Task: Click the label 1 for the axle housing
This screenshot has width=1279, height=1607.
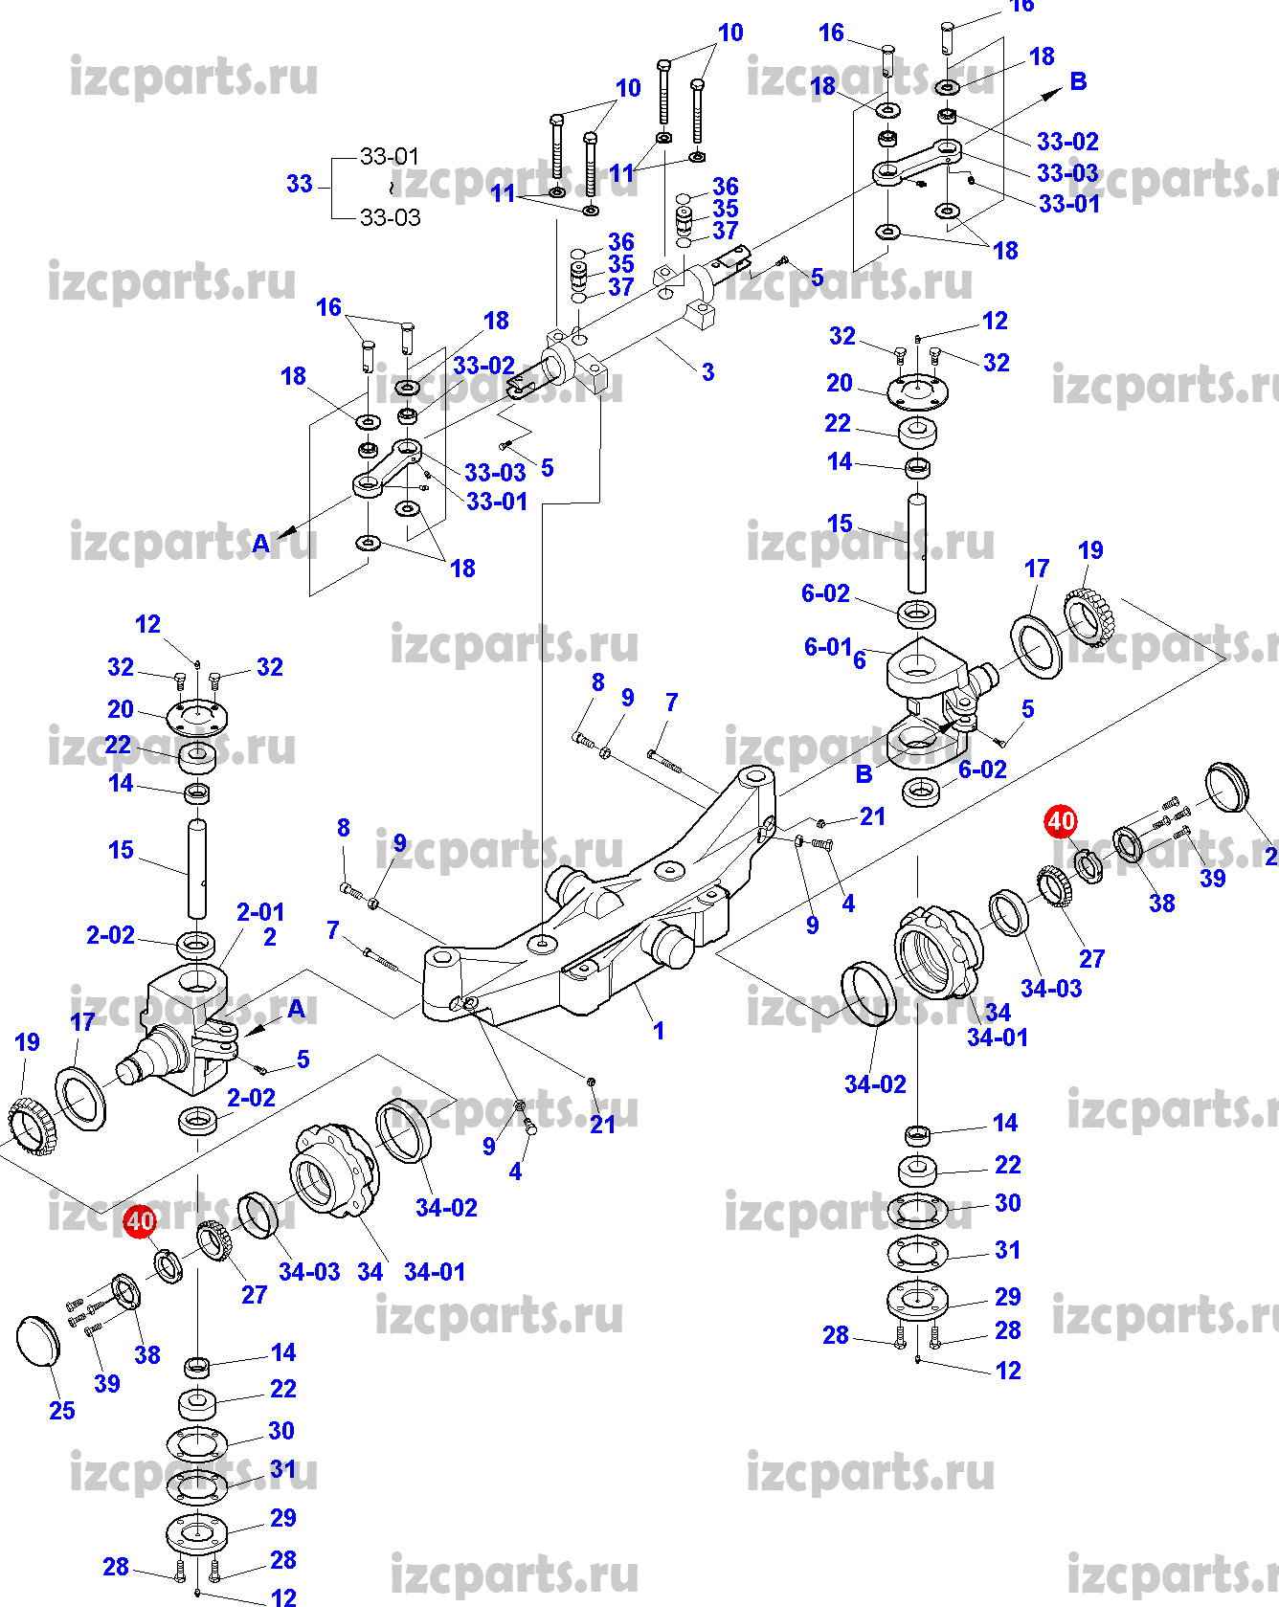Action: (659, 1031)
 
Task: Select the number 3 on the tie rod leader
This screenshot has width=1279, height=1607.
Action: (707, 372)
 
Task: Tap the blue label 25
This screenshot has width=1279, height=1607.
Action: (62, 1410)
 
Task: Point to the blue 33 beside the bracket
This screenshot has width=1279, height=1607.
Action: (300, 184)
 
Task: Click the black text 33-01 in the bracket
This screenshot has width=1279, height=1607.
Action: (390, 156)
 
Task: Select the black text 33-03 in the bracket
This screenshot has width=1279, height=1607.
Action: (390, 217)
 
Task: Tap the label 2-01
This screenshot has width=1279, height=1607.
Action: (260, 912)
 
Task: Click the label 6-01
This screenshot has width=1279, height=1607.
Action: (827, 647)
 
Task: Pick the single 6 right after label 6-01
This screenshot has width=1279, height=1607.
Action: (860, 659)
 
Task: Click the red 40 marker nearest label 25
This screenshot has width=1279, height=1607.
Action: (140, 1221)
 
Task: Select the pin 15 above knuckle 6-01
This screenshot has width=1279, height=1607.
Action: (917, 543)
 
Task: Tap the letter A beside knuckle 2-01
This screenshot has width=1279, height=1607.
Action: (296, 1008)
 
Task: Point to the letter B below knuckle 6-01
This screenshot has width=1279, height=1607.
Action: (864, 773)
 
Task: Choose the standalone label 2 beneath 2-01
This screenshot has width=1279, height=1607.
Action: (270, 937)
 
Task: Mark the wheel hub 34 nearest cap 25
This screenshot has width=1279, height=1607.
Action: (329, 1171)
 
